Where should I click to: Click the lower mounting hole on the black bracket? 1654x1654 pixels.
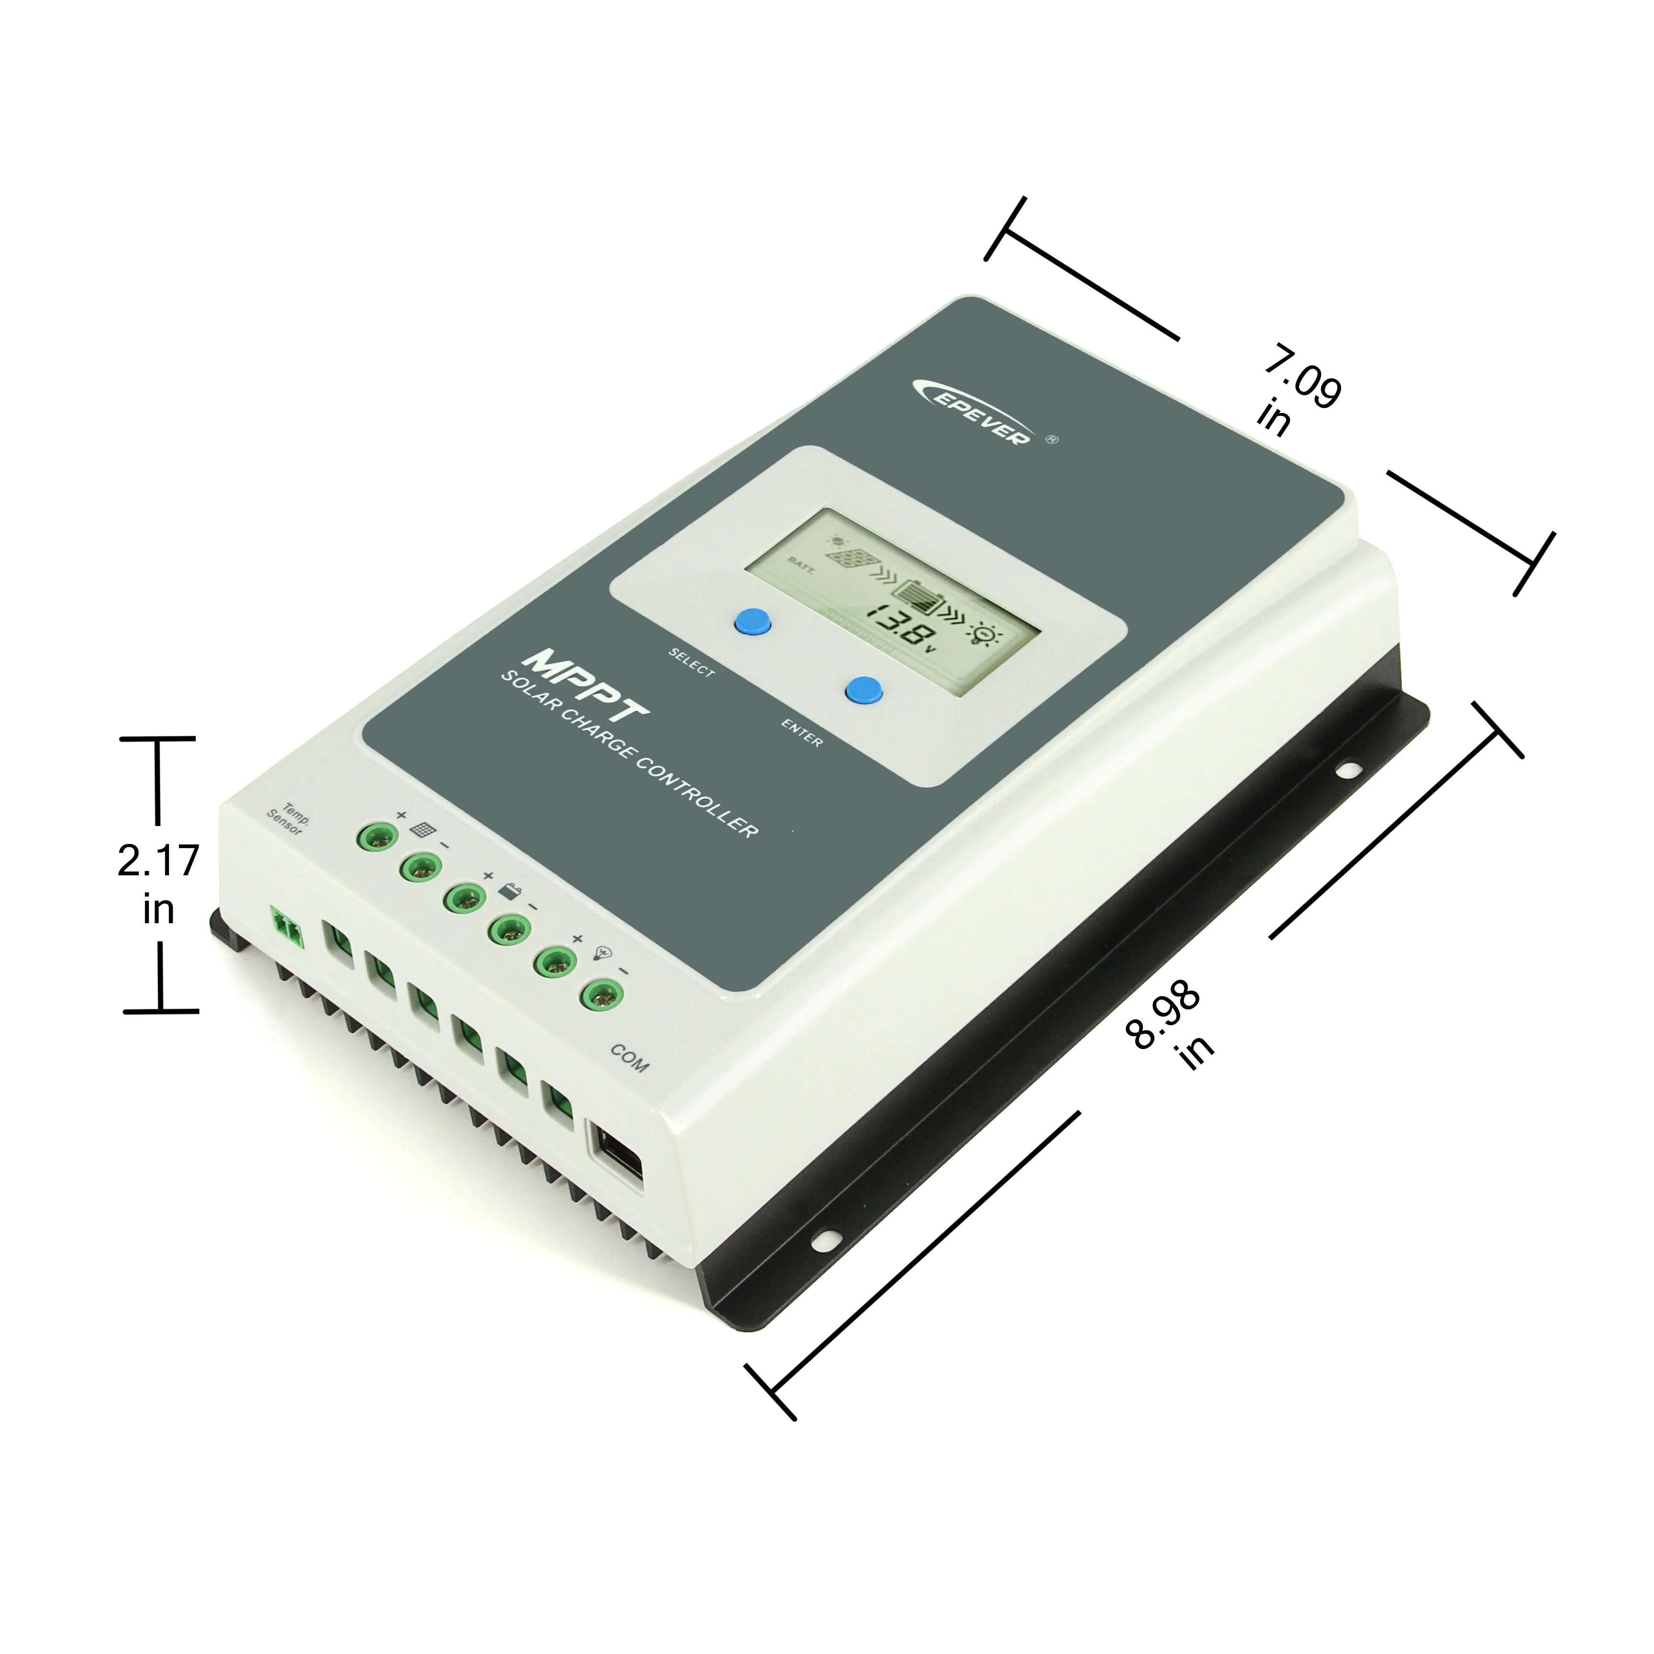tap(828, 1238)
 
